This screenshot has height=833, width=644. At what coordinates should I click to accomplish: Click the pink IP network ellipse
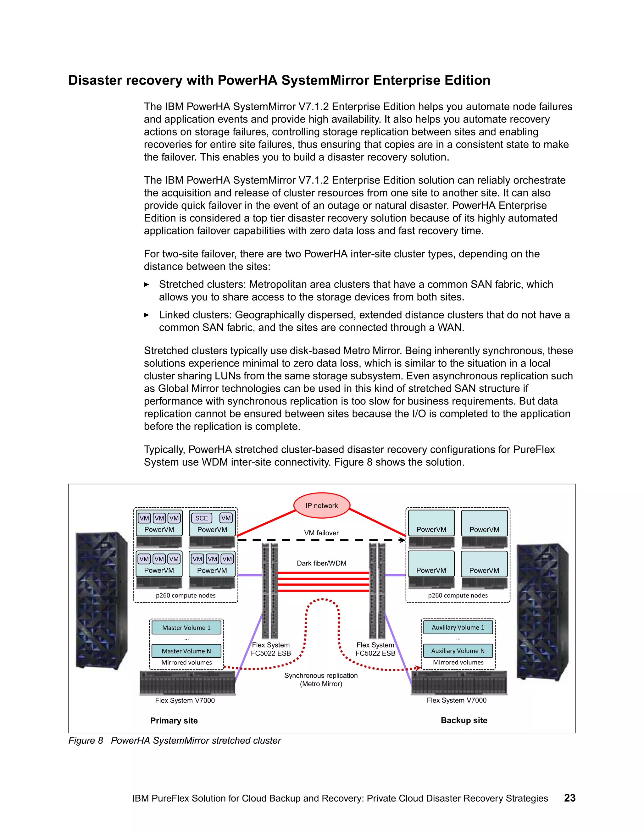(x=322, y=505)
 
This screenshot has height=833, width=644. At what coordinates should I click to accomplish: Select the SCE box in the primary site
(x=202, y=518)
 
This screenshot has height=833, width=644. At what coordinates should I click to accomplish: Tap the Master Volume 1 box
(x=186, y=627)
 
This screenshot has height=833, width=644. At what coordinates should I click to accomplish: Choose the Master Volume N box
(x=186, y=651)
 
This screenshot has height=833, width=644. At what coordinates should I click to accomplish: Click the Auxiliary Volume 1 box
(x=458, y=627)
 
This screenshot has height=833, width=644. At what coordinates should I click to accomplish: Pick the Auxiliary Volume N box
(x=458, y=650)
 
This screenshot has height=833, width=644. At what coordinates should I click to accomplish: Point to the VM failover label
(x=321, y=533)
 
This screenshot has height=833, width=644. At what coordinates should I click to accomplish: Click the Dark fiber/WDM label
(x=322, y=563)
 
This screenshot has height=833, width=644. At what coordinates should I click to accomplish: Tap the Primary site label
(x=174, y=720)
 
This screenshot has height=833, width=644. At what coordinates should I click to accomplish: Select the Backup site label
(x=464, y=720)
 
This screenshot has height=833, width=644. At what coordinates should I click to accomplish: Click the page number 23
(x=569, y=798)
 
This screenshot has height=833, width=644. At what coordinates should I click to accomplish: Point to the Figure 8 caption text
(x=175, y=740)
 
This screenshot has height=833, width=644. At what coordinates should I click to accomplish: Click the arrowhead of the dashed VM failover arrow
(x=402, y=540)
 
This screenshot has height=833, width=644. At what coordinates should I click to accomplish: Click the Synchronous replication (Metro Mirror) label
(x=321, y=679)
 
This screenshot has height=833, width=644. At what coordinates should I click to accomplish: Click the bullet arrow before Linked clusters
(x=147, y=315)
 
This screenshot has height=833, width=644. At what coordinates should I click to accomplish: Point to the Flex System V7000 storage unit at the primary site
(x=187, y=683)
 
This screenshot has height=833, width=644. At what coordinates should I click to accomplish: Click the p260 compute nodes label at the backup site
(x=458, y=595)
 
